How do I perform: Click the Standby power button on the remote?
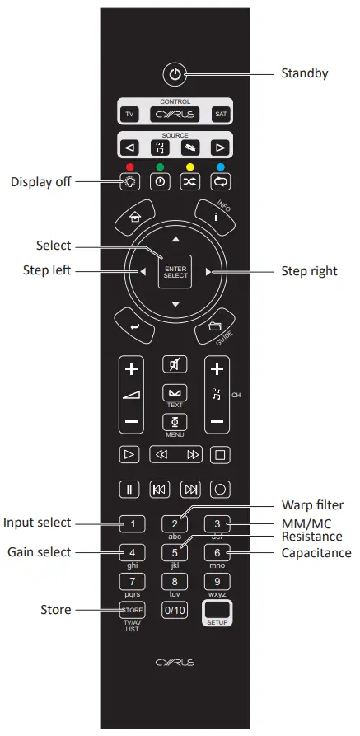tap(174, 74)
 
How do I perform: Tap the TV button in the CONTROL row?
tap(129, 115)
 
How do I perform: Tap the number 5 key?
tap(175, 552)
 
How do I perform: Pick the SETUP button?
tap(217, 613)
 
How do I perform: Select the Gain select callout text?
tap(37, 551)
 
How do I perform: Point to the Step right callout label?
tap(309, 270)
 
